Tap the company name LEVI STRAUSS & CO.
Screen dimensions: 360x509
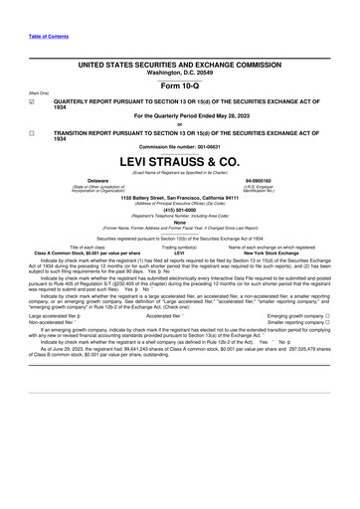tap(180, 160)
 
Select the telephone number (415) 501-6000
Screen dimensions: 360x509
tap(180, 209)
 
